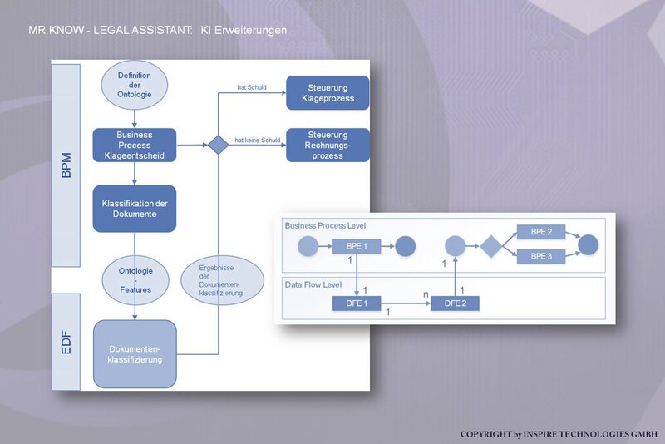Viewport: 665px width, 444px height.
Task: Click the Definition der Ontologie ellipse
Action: point(135,85)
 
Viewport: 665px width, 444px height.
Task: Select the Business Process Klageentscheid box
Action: point(135,145)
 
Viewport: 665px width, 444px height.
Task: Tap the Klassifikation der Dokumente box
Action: point(135,208)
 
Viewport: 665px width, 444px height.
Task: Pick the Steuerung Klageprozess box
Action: point(328,93)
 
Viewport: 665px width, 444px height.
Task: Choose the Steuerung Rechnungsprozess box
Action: point(328,145)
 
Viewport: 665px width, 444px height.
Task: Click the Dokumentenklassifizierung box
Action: point(135,354)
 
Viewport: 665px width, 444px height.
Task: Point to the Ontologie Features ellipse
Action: point(135,280)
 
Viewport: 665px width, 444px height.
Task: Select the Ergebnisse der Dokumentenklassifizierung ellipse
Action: point(223,280)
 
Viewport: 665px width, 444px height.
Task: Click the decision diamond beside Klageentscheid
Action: point(219,145)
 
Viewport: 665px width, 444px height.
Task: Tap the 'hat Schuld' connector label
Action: point(252,87)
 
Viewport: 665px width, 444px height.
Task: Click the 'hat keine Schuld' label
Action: point(258,140)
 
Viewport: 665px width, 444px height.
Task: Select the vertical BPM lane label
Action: point(66,165)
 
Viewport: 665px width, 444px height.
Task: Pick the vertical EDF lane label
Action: point(66,343)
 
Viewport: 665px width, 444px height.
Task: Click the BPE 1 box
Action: point(357,246)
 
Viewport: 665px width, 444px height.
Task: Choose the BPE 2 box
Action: point(541,232)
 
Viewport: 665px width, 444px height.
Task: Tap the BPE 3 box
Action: point(541,256)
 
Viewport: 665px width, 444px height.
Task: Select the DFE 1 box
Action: point(357,303)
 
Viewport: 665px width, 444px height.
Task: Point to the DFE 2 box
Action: point(455,303)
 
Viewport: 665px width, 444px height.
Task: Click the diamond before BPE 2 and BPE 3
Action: point(491,245)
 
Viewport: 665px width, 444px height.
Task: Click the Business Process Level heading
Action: point(325,225)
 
